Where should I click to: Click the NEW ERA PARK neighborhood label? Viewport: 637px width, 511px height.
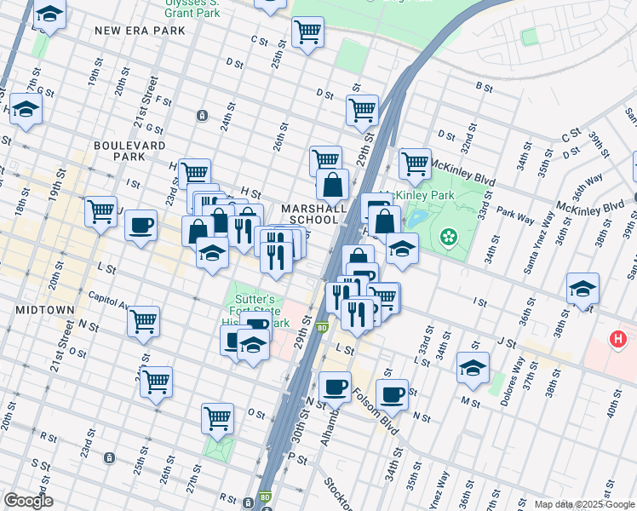(x=129, y=31)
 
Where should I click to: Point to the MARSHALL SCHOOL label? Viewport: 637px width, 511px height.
(x=314, y=214)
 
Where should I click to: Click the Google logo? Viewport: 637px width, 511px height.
(x=27, y=501)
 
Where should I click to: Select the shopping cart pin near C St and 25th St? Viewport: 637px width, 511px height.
(x=307, y=32)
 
